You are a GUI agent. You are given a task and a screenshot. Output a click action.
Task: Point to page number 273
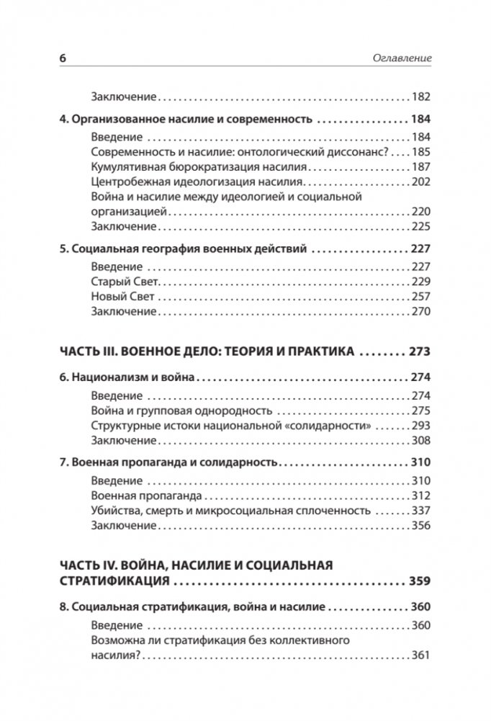pyautogui.click(x=417, y=352)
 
